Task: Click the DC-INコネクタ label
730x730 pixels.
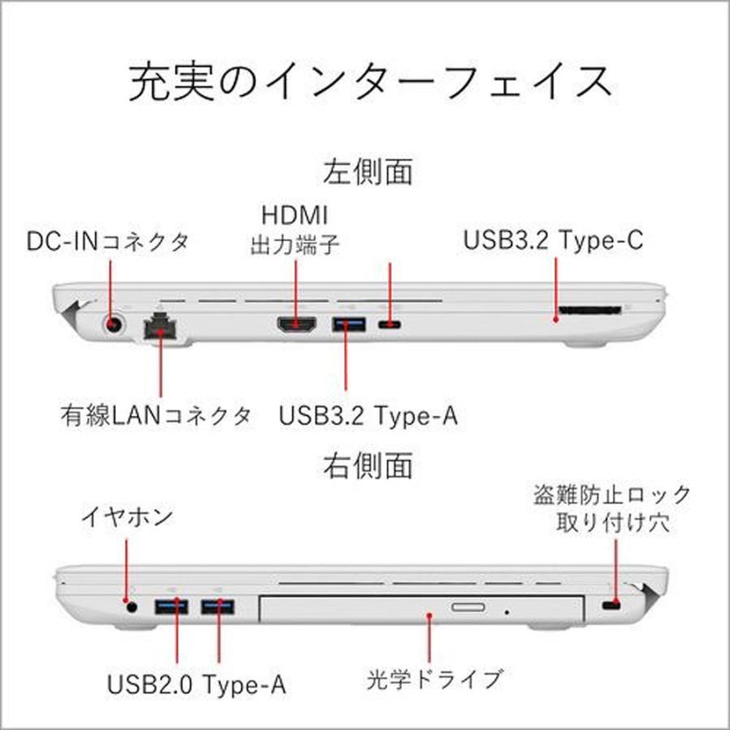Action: pos(109,240)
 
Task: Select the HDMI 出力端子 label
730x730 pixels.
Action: pos(294,230)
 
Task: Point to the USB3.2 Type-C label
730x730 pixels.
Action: pos(554,240)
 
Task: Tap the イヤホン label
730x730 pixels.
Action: pos(127,516)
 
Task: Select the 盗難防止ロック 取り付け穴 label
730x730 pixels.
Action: pos(612,508)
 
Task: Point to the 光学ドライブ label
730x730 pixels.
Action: pos(435,676)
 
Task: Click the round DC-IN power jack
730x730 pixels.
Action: pos(115,324)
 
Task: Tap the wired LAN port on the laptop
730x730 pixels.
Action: pos(160,326)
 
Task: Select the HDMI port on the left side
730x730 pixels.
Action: pos(298,326)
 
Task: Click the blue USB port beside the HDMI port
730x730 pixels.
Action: pos(349,326)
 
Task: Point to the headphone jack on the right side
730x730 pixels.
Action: pos(130,604)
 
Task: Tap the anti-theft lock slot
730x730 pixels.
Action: pos(612,607)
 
